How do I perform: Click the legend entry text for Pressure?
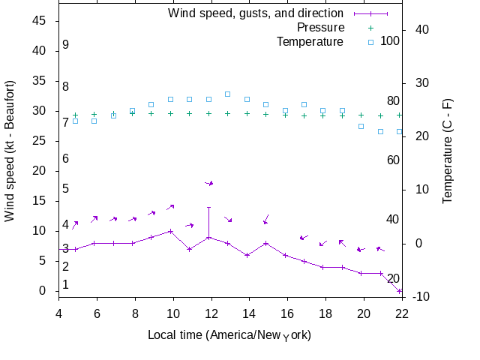310,28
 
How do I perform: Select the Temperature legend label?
310,41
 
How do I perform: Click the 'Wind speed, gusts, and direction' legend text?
256,13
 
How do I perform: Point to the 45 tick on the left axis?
39,21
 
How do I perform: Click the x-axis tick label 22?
402,314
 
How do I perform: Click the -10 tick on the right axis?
421,297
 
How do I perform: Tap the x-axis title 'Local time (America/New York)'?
229,334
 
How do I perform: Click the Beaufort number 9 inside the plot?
66,45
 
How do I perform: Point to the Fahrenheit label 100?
390,40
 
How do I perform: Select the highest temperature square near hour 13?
227,94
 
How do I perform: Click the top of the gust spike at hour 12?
209,207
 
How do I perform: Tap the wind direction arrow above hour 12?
209,183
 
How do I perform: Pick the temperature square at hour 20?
361,126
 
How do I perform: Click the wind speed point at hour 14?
247,255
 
